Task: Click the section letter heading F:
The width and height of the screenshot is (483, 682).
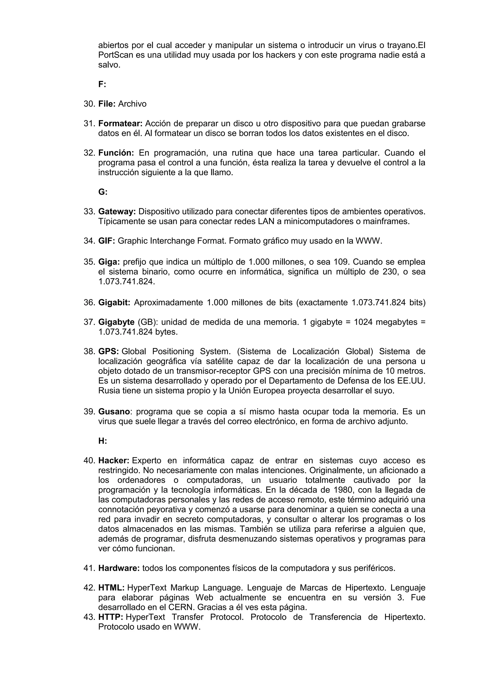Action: click(x=102, y=85)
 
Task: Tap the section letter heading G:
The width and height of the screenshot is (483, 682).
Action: click(x=103, y=192)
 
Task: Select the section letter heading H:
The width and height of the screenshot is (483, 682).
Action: click(x=103, y=441)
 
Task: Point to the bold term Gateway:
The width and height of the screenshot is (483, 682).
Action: click(x=117, y=212)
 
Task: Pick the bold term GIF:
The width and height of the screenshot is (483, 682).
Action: click(x=106, y=241)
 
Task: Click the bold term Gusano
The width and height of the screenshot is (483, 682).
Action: click(x=114, y=412)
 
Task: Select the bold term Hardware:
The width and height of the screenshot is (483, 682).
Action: click(x=119, y=568)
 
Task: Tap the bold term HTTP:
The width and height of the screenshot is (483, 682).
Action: click(x=111, y=617)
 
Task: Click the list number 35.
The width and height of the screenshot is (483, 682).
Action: click(x=89, y=262)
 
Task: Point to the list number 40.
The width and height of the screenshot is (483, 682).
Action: click(x=89, y=461)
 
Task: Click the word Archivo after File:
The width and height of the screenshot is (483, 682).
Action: click(x=132, y=104)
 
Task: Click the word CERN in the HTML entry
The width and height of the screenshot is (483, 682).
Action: click(x=182, y=607)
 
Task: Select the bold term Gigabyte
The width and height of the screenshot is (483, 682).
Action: click(x=116, y=322)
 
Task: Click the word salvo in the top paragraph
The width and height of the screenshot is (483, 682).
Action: click(x=109, y=65)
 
